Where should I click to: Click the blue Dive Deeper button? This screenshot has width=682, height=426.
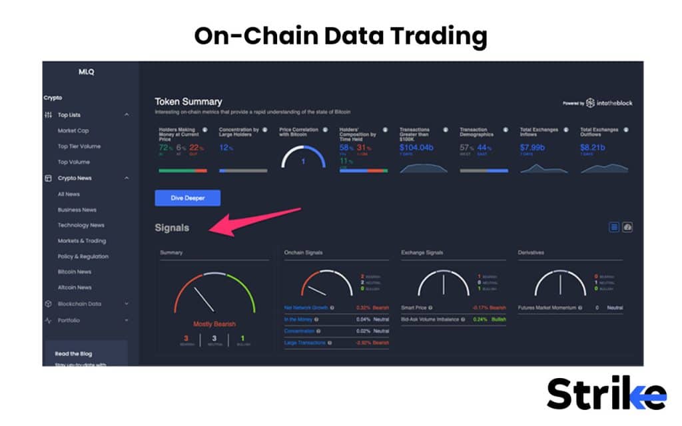tap(187, 198)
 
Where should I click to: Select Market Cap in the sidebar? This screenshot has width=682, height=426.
tap(73, 130)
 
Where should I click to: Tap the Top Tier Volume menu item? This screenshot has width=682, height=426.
tap(79, 146)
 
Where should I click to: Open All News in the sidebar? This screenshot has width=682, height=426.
tap(69, 194)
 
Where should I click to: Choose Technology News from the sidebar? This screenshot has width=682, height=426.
tap(81, 225)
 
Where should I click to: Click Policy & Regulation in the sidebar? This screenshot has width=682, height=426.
tap(83, 256)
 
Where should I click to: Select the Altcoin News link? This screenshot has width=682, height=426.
tap(75, 288)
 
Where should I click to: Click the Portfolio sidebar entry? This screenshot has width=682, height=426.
tap(69, 320)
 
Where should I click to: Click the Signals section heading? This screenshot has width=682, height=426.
tap(172, 228)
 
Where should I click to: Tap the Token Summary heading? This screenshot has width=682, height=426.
tap(188, 102)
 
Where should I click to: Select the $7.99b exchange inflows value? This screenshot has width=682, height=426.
tap(533, 147)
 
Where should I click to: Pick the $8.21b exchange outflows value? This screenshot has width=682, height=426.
tap(592, 147)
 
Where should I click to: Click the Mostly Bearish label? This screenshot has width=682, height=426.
tap(214, 324)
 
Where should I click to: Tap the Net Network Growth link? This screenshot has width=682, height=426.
tap(306, 308)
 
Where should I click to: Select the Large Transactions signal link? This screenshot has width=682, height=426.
tap(305, 343)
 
